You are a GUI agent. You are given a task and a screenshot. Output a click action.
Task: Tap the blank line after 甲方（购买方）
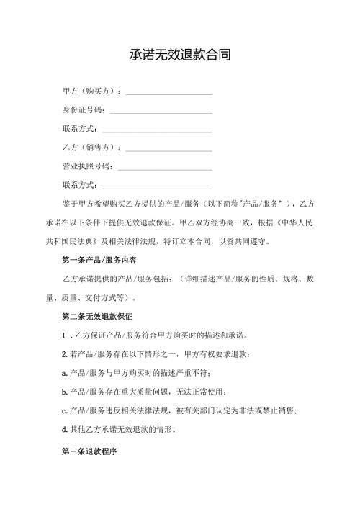(169, 94)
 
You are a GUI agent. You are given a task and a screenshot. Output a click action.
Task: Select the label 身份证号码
(84, 111)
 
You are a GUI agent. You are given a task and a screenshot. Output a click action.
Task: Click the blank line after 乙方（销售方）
(169, 150)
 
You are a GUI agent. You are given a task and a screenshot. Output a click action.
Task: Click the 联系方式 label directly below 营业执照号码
(79, 186)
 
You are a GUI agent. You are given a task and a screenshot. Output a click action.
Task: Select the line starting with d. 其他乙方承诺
(133, 429)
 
